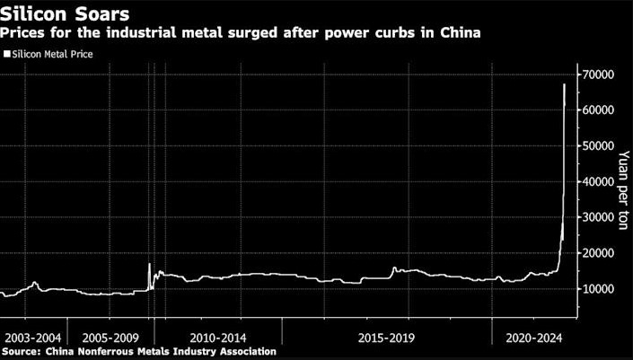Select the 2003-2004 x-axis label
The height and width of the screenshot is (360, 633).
[33, 337]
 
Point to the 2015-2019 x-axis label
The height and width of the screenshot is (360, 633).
[388, 337]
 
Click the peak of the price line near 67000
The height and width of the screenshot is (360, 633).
[564, 84]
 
